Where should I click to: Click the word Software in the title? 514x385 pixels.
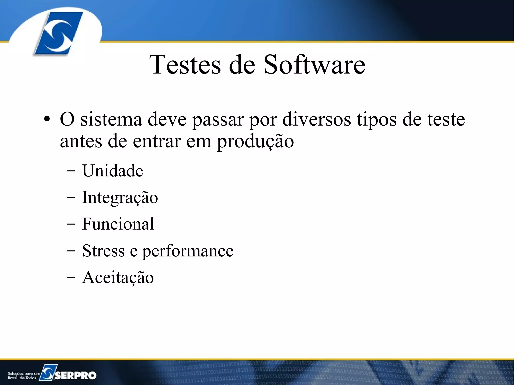tap(314, 65)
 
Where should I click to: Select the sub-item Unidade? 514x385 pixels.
tap(112, 171)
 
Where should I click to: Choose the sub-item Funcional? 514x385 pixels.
tap(118, 224)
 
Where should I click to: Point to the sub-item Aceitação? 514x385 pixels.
tap(118, 277)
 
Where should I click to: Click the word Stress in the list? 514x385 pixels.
tap(103, 251)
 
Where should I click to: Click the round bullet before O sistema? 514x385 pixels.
tap(47, 119)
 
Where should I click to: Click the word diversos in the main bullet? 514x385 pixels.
tap(317, 119)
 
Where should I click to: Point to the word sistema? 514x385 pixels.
tap(111, 119)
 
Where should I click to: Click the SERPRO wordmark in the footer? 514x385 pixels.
tap(76, 375)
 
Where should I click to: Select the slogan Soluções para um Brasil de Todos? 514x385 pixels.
tap(23, 376)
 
